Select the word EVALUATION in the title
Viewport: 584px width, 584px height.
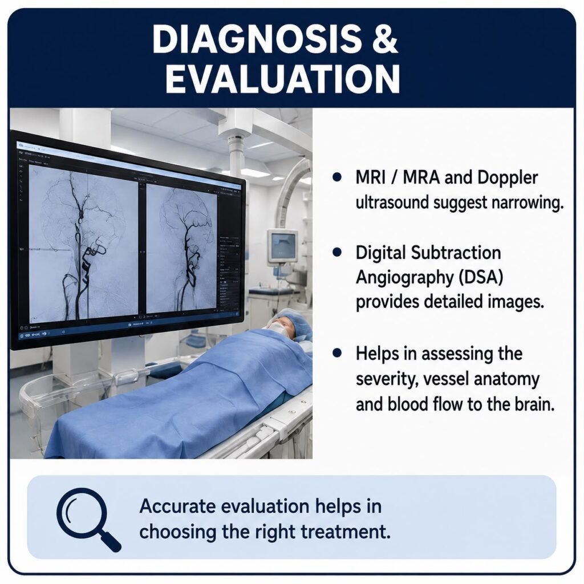click(x=283, y=79)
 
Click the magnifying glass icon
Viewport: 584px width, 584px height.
click(x=88, y=519)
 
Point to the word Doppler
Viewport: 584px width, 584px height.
click(x=507, y=178)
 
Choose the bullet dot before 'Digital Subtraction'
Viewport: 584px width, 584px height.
click(x=337, y=253)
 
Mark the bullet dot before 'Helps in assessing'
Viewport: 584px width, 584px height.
click(x=337, y=353)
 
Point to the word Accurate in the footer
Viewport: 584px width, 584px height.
click(x=176, y=506)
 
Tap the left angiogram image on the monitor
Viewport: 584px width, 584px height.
click(x=83, y=242)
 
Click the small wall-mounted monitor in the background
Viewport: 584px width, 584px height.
click(x=283, y=246)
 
